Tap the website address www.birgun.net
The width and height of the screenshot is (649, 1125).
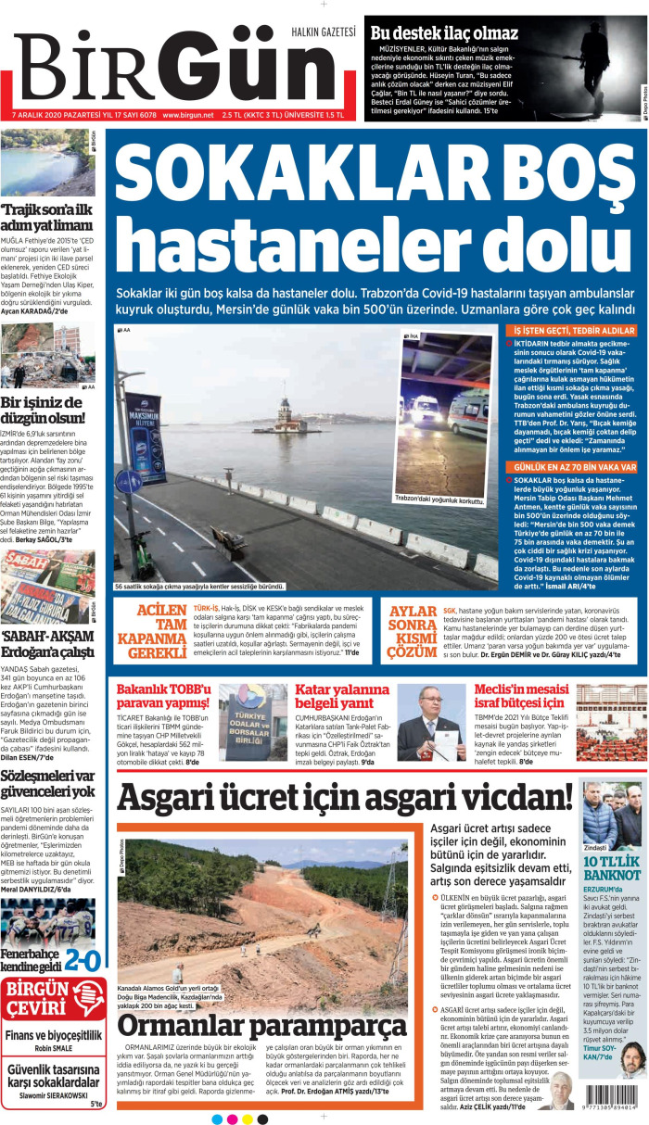tap(188, 116)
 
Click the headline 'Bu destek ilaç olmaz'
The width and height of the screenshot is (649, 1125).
tap(445, 32)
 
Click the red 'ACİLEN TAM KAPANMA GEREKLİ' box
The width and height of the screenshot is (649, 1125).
tap(150, 632)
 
